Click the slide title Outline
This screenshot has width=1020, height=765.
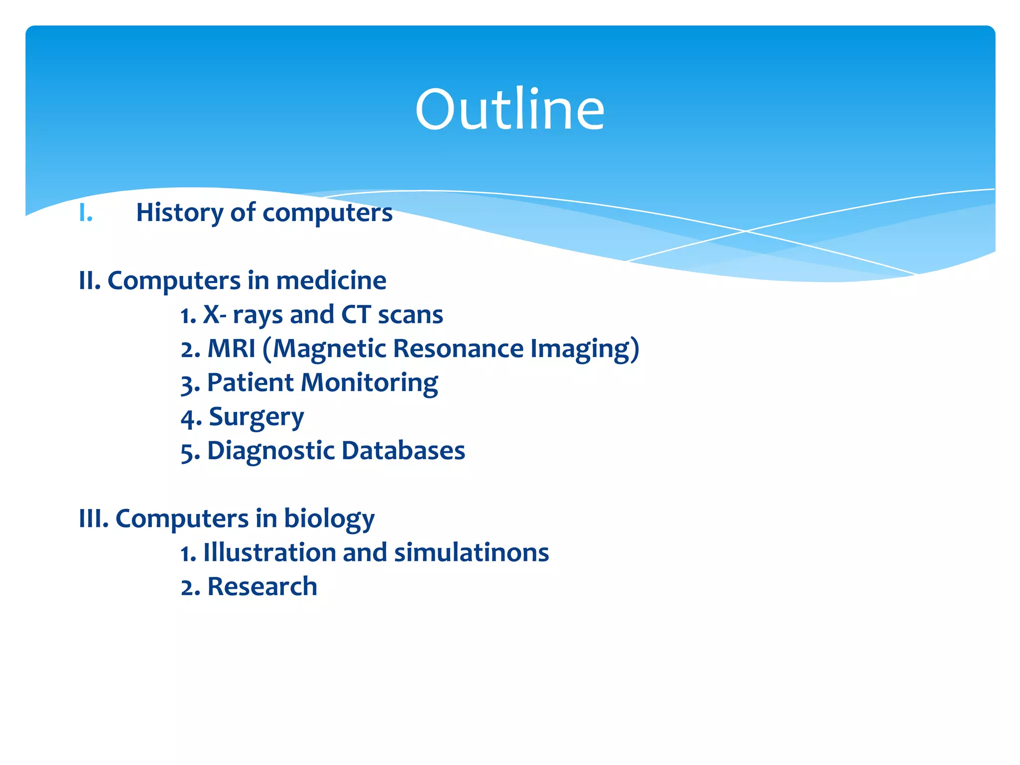coord(510,109)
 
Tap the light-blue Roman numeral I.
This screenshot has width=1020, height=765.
coord(86,213)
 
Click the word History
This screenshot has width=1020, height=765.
coord(179,213)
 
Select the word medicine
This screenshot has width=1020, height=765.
coord(331,280)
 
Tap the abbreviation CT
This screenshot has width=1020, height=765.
coord(356,315)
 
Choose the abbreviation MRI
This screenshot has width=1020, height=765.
coord(231,349)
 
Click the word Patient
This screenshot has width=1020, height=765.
coord(250,383)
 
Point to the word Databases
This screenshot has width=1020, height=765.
coord(403,451)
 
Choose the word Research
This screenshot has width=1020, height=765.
coord(262,587)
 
